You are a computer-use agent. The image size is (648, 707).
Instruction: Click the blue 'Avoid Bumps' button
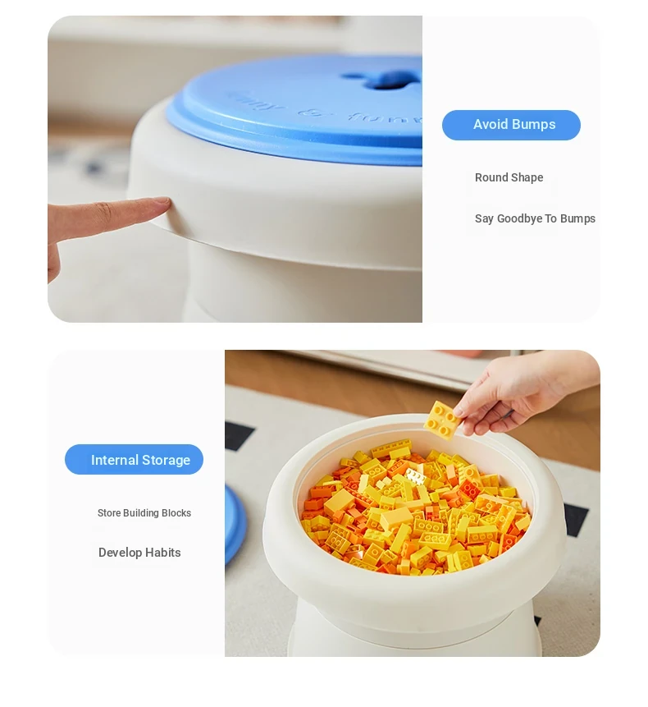click(511, 125)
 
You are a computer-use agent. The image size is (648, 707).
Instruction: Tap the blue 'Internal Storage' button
click(134, 460)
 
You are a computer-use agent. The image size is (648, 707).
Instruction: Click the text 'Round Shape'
click(509, 177)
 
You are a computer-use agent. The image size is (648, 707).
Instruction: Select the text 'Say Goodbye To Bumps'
click(535, 218)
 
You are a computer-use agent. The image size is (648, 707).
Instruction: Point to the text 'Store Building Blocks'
click(144, 513)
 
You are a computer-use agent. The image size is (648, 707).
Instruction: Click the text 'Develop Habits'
click(139, 553)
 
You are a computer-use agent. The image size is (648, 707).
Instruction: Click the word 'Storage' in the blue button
click(167, 461)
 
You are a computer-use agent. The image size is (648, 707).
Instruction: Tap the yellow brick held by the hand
click(443, 420)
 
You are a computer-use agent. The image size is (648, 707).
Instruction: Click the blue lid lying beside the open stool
click(235, 524)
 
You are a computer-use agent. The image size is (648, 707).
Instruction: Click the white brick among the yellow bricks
click(415, 475)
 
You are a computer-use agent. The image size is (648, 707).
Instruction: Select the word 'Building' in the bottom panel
click(141, 513)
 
